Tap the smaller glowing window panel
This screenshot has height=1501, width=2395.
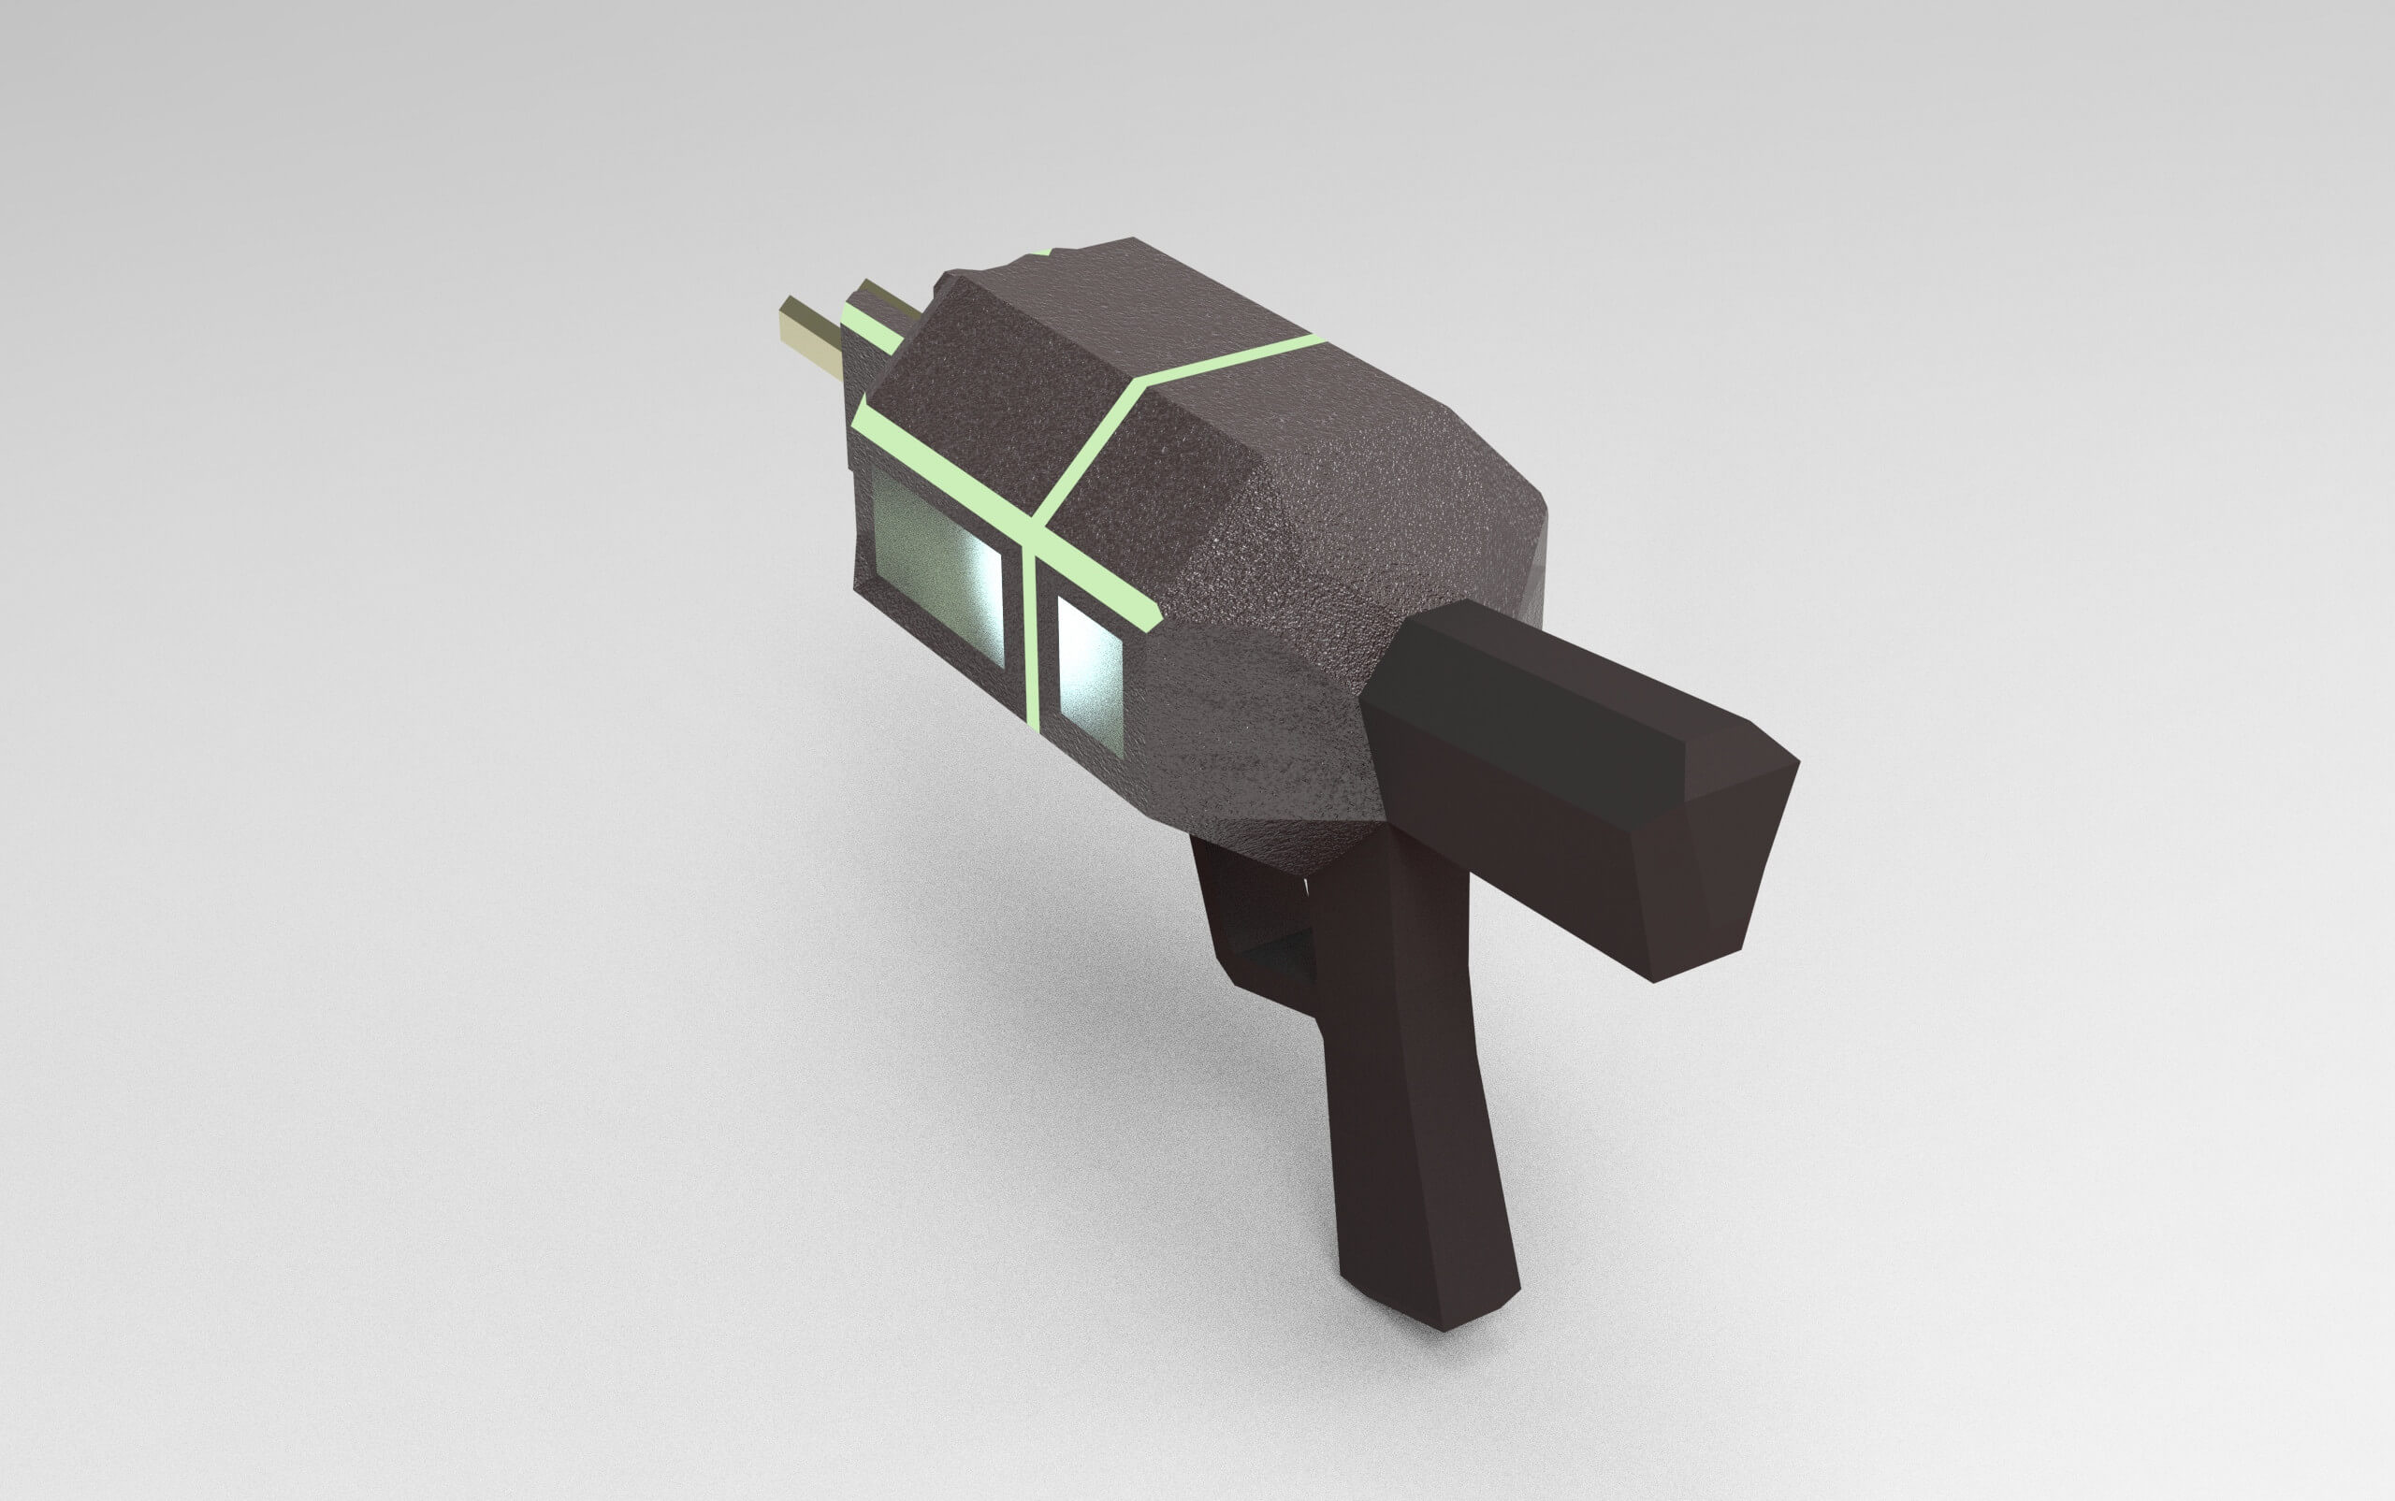click(1089, 674)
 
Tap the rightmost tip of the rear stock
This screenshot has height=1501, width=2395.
click(1797, 764)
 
